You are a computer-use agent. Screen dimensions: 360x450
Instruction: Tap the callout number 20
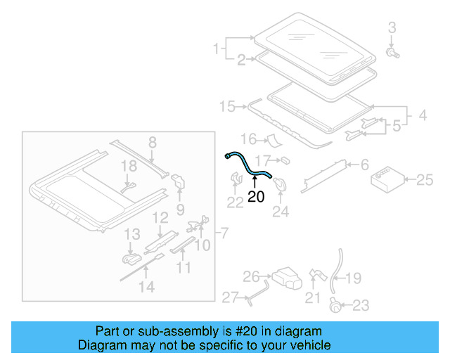click(256, 198)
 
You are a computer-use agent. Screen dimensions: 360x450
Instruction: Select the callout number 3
click(392, 28)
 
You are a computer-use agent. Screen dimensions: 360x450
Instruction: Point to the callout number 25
click(425, 181)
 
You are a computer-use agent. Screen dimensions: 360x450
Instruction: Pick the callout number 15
click(226, 107)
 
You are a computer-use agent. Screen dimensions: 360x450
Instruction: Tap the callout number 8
click(151, 143)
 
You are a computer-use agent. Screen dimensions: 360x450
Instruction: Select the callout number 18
click(127, 166)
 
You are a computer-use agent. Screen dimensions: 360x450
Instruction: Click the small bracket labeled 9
click(179, 182)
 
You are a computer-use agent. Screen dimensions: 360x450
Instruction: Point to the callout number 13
click(132, 234)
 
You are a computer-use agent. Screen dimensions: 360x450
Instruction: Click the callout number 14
click(146, 287)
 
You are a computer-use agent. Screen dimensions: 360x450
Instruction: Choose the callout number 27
click(231, 297)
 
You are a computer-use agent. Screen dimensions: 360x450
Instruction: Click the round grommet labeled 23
click(336, 305)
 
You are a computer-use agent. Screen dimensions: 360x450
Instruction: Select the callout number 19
click(353, 278)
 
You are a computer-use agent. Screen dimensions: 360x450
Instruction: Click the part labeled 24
click(279, 184)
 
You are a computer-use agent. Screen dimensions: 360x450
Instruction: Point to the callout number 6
click(364, 165)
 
